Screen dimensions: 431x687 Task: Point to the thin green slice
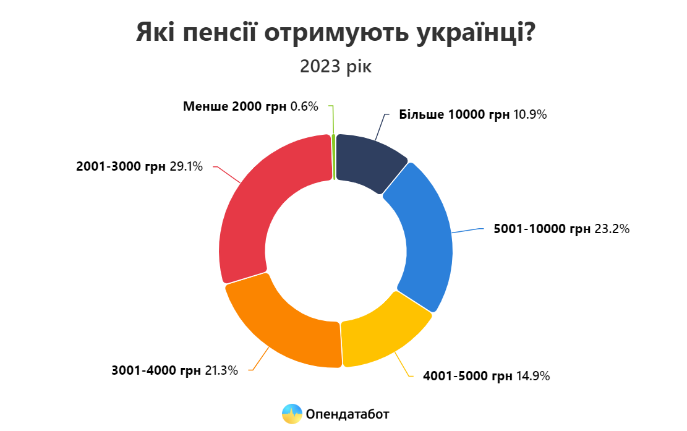point(334,157)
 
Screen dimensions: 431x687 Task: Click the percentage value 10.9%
point(530,114)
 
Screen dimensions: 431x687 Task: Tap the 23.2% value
point(612,229)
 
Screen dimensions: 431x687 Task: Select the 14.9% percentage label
point(532,375)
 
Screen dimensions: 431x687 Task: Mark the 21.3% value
point(221,370)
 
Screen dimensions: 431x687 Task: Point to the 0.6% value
point(304,106)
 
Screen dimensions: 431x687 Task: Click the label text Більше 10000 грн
point(454,114)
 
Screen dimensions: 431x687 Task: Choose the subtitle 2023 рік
point(336,66)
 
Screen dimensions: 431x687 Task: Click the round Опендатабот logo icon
point(291,414)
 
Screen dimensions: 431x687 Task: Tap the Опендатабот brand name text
point(348,414)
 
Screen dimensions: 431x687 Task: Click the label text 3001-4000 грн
point(156,370)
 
